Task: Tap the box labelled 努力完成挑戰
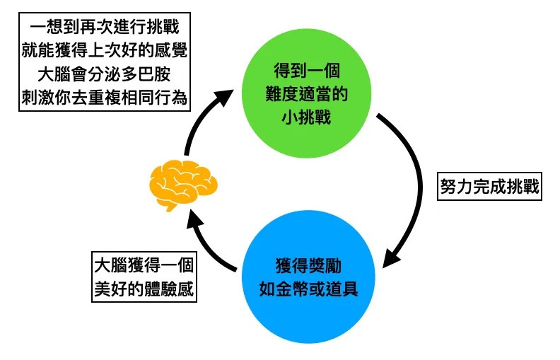tap(489, 187)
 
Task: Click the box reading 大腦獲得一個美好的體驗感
tap(143, 277)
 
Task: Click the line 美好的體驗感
tap(143, 289)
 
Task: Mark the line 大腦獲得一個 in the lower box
tap(143, 266)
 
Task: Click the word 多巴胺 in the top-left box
tap(153, 75)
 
